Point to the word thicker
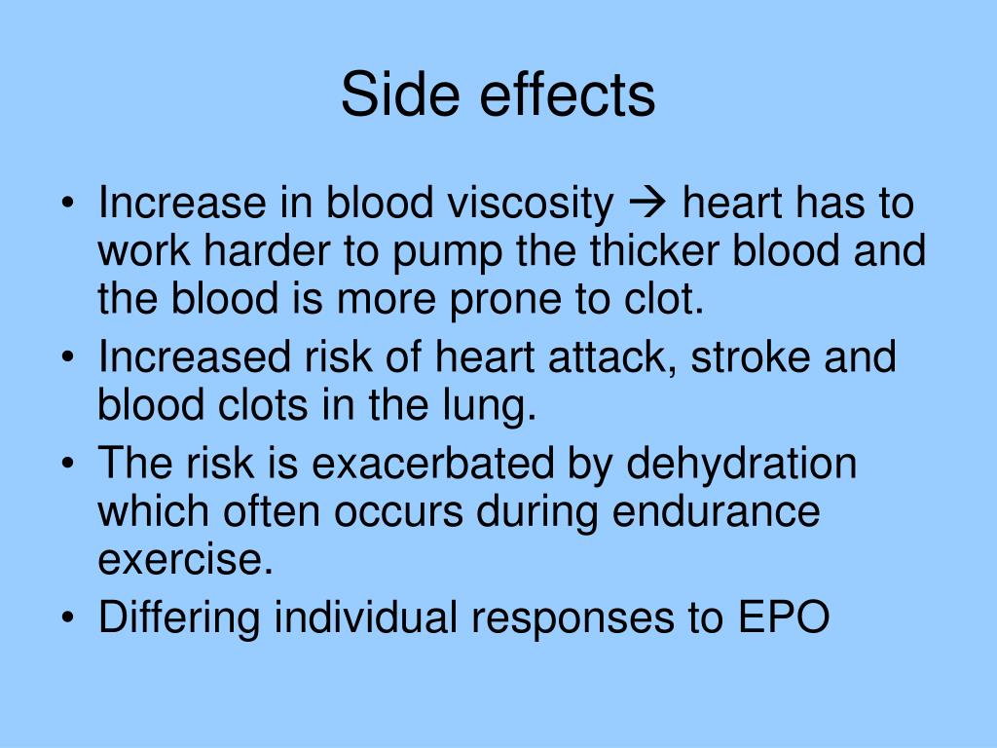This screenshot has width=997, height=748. [653, 251]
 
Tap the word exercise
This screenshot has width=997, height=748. [184, 559]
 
